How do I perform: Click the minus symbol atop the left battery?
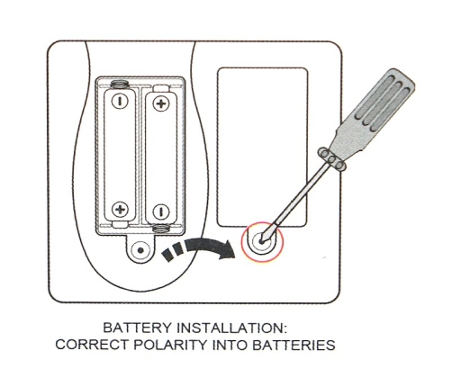[120, 101]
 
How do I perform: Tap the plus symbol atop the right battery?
[161, 103]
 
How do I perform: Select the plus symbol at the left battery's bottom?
[120, 209]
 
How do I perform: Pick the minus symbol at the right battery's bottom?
[161, 211]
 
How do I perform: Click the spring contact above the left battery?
[120, 85]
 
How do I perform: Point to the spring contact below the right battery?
[161, 229]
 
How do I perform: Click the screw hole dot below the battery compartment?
[140, 249]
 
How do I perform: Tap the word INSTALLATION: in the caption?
[232, 328]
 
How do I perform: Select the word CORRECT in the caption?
[92, 345]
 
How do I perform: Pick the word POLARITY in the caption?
[170, 345]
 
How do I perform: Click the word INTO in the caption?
[230, 345]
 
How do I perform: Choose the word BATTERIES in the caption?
[294, 345]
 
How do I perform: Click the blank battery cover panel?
[262, 147]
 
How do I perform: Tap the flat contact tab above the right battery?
[161, 88]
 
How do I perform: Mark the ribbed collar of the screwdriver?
[332, 159]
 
